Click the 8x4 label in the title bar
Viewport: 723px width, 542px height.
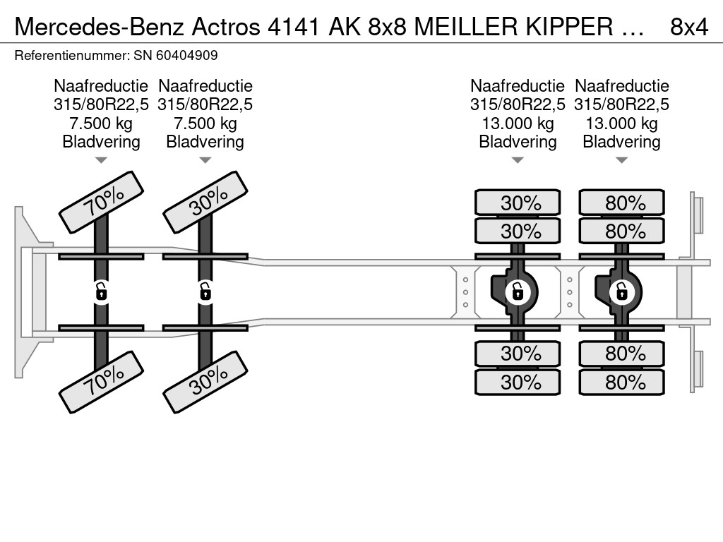click(689, 27)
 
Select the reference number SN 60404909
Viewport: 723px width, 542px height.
click(176, 55)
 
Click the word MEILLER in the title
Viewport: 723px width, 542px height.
click(466, 27)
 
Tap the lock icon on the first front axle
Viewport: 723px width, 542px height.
click(101, 291)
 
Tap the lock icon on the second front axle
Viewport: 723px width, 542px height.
click(205, 291)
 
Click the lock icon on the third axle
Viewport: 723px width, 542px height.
click(518, 291)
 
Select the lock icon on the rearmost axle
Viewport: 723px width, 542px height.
click(621, 291)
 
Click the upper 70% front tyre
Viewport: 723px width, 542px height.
click(102, 203)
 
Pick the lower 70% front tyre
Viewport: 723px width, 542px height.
click(102, 382)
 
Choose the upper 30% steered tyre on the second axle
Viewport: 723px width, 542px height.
click(205, 203)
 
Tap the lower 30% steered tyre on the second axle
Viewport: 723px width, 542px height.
click(205, 382)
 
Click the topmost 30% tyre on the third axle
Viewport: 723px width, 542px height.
click(518, 203)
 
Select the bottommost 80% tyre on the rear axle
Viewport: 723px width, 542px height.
click(621, 382)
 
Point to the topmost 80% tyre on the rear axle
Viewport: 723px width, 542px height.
click(621, 203)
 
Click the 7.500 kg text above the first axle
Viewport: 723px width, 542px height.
click(101, 123)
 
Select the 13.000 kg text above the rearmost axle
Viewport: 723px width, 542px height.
click(621, 123)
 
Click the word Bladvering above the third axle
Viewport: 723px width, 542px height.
click(518, 142)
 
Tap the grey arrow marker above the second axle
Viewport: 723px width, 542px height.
click(205, 160)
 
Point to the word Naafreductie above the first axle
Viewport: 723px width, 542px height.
click(101, 85)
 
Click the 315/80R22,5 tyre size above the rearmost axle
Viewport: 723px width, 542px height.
click(621, 104)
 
